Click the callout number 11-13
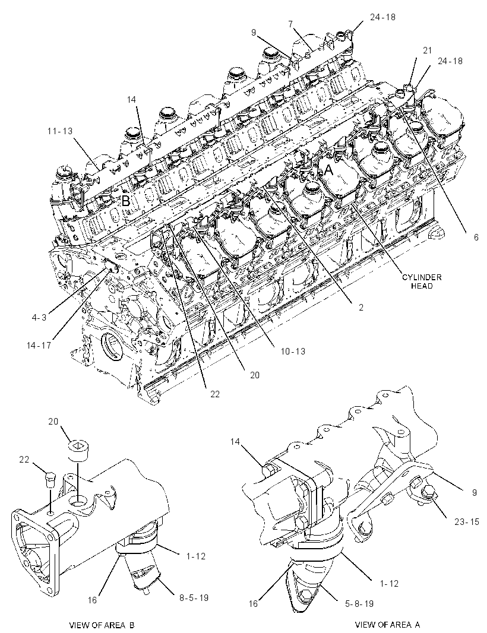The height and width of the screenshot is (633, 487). tap(59, 131)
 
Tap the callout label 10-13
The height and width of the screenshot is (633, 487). tap(293, 351)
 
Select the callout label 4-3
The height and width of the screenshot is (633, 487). tap(39, 317)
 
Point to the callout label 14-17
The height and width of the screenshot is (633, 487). tap(39, 346)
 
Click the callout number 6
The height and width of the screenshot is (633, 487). tap(476, 238)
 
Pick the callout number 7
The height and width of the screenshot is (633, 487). tap(290, 24)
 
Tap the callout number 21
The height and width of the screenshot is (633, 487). tap(427, 50)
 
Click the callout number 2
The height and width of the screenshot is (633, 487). tap(361, 307)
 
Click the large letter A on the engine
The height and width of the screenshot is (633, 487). tap(329, 171)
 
